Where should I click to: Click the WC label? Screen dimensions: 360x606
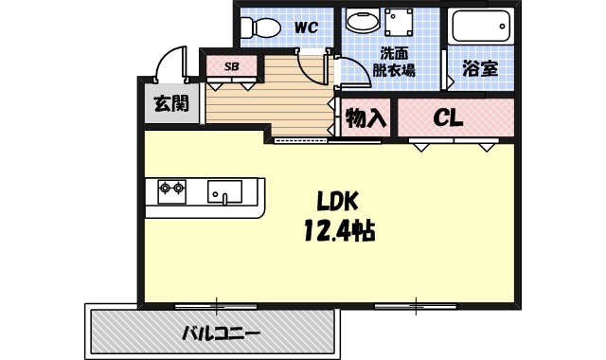[304, 27]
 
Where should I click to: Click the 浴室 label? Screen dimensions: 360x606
[480, 68]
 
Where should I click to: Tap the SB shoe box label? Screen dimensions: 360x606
[230, 66]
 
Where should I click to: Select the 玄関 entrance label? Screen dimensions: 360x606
[170, 104]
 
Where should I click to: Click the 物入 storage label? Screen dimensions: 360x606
[365, 117]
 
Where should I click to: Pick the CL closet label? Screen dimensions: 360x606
[449, 117]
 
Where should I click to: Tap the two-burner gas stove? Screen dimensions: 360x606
[170, 191]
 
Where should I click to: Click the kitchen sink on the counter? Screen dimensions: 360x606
[224, 192]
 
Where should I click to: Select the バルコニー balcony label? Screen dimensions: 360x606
[220, 333]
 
